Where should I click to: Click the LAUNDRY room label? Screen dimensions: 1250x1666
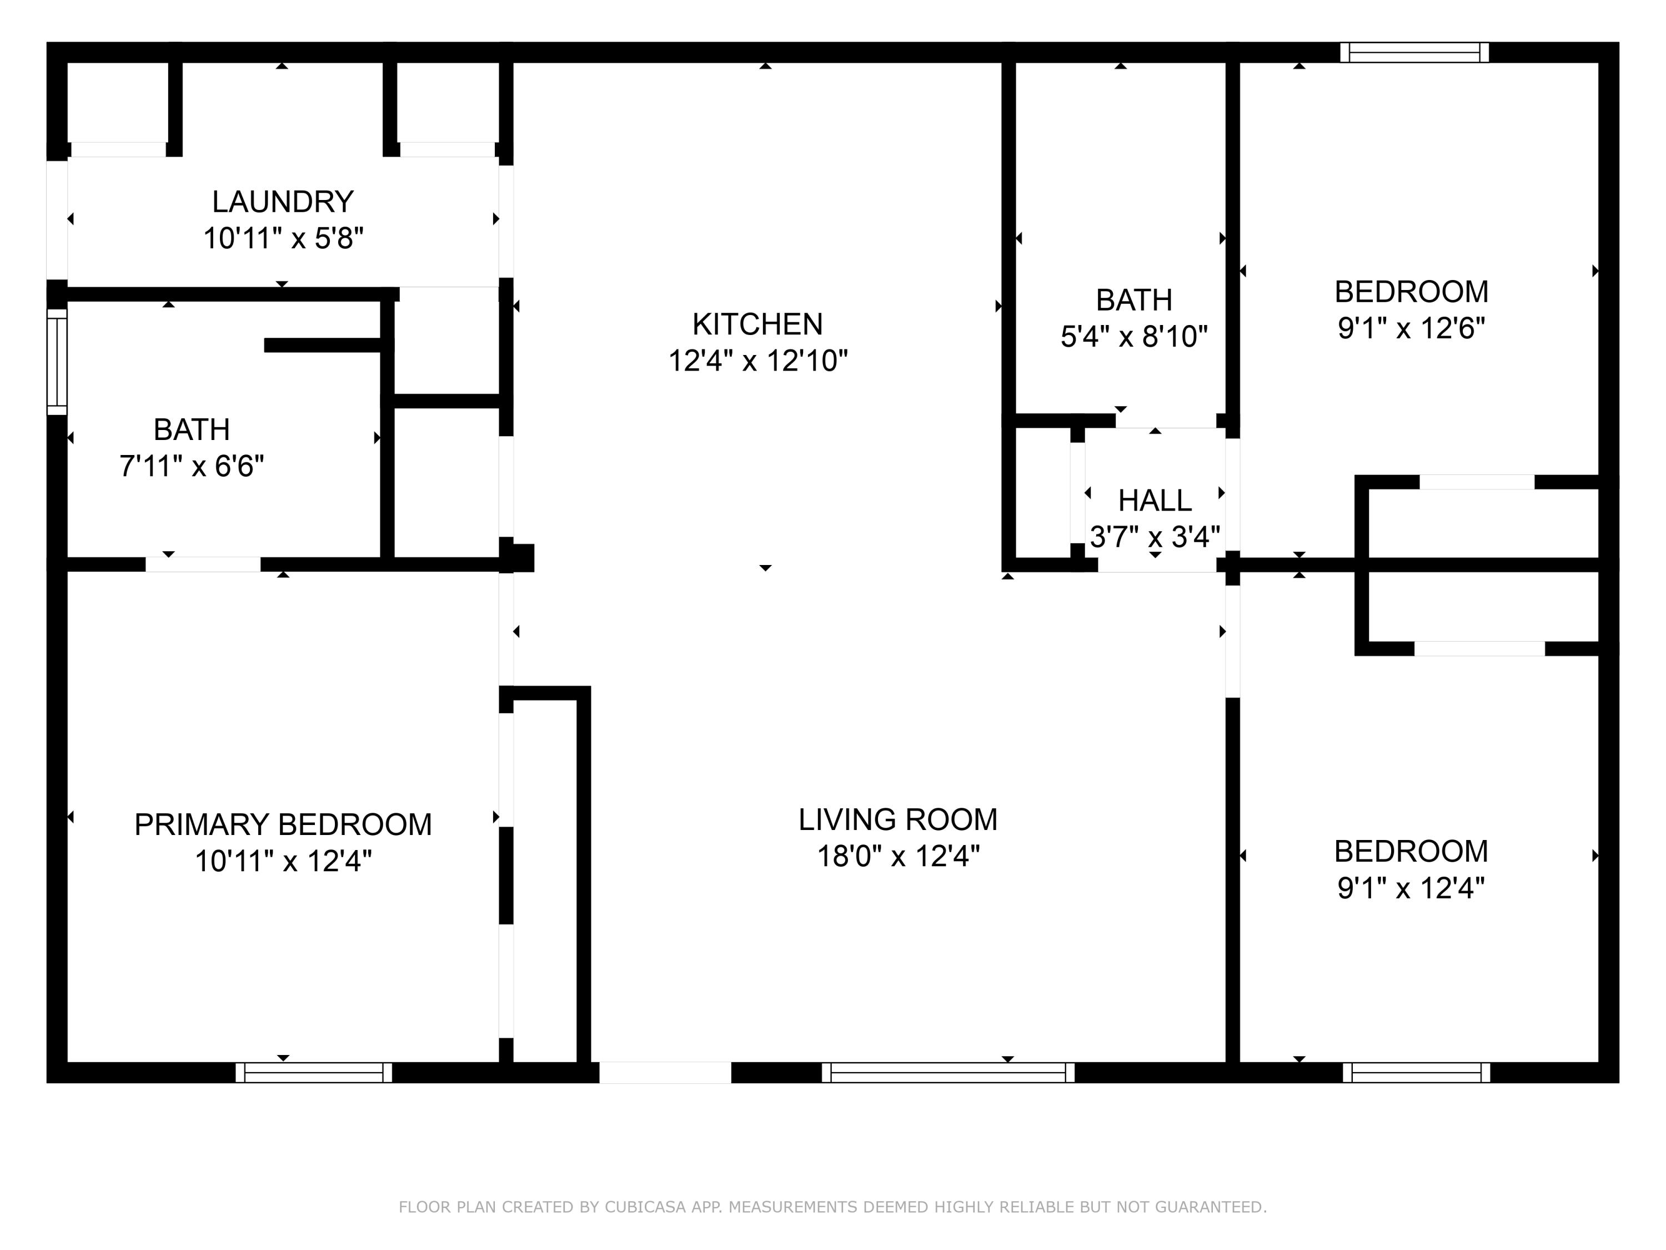pyautogui.click(x=283, y=202)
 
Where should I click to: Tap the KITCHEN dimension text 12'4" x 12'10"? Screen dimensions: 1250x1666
pyautogui.click(x=757, y=361)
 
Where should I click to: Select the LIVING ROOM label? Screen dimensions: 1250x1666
pyautogui.click(x=898, y=820)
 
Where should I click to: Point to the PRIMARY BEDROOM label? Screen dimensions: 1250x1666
pyautogui.click(x=283, y=824)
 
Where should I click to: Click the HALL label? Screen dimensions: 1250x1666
pyautogui.click(x=1154, y=501)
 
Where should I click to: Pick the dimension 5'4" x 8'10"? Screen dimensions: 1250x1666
pyautogui.click(x=1133, y=337)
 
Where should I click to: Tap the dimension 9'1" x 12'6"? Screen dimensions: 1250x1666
pyautogui.click(x=1411, y=328)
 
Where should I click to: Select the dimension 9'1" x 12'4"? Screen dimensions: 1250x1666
pyautogui.click(x=1411, y=888)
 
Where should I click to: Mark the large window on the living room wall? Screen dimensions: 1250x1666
pyautogui.click(x=947, y=1072)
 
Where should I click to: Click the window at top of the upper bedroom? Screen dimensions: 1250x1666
pyautogui.click(x=1414, y=52)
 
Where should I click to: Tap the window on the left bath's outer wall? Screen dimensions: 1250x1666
pyautogui.click(x=57, y=362)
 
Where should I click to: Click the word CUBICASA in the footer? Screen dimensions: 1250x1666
pyautogui.click(x=645, y=1207)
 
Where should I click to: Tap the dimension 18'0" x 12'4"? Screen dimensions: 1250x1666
pyautogui.click(x=898, y=857)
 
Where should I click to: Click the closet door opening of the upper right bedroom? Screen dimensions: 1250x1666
pyautogui.click(x=1476, y=482)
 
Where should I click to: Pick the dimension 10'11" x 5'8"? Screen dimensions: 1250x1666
pyautogui.click(x=283, y=239)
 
